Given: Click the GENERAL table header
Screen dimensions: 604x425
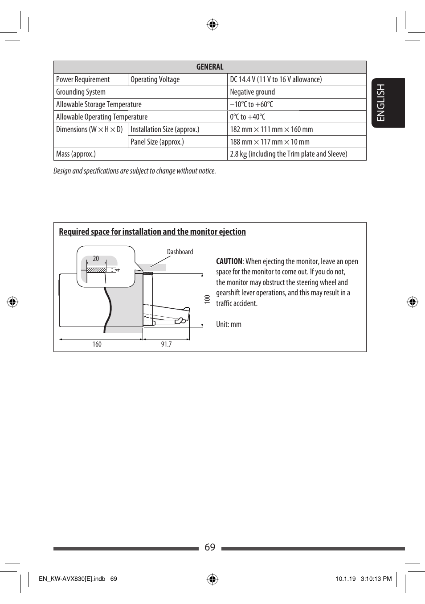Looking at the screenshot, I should click(210, 67).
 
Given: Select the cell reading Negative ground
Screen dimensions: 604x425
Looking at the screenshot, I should click(252, 92).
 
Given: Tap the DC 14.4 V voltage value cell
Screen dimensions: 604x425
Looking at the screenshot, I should click(276, 79).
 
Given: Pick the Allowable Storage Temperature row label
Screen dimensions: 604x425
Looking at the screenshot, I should click(99, 104).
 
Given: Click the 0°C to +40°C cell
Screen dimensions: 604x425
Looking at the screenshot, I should click(248, 117).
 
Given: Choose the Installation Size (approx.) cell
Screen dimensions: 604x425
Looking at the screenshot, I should click(165, 129).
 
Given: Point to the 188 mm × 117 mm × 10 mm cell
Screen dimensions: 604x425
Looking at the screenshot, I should click(270, 142).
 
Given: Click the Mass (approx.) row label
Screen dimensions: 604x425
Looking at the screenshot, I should click(76, 154).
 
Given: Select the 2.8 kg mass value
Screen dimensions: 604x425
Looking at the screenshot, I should click(288, 154).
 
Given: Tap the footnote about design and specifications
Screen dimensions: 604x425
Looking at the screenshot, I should click(135, 171).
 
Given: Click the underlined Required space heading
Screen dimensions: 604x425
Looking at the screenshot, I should click(152, 232).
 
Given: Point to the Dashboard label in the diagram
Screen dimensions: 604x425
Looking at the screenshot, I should click(180, 252).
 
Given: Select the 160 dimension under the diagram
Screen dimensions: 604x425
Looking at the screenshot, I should click(97, 344).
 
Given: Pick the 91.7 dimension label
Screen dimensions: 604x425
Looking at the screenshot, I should click(166, 344).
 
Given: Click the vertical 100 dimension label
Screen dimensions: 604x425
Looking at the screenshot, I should click(207, 299).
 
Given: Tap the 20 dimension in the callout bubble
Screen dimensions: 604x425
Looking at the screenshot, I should click(96, 259).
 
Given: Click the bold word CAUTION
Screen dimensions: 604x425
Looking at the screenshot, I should click(229, 261).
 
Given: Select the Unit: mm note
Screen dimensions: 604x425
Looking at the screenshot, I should click(229, 324).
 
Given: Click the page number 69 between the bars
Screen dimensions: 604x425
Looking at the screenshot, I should click(210, 547).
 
